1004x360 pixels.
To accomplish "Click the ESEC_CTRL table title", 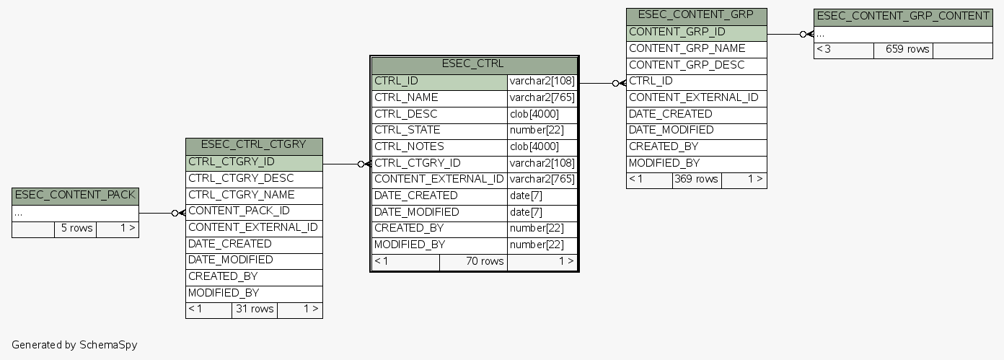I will coord(473,64).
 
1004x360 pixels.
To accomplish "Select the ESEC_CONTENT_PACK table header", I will coord(75,196).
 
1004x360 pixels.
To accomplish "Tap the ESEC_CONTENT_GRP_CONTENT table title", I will coord(902,17).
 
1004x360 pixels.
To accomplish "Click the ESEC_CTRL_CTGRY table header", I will coord(253,146).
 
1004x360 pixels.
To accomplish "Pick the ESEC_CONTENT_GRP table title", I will coord(695,16).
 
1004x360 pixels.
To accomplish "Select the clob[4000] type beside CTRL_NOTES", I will coord(534,147).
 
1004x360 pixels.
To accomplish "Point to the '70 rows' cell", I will coord(474,261).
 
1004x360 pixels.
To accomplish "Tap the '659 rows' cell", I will coord(902,50).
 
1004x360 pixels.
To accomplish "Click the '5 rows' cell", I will coord(76,229).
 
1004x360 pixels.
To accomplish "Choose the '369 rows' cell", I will coord(696,180).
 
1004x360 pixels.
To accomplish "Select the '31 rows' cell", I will coord(254,309).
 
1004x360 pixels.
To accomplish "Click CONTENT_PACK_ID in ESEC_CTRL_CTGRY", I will coord(239,211).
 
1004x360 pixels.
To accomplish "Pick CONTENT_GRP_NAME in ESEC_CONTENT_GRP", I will coord(687,48).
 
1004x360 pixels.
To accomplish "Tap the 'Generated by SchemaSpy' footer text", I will coord(74,345).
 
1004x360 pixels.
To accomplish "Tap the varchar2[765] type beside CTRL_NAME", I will coord(542,98).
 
